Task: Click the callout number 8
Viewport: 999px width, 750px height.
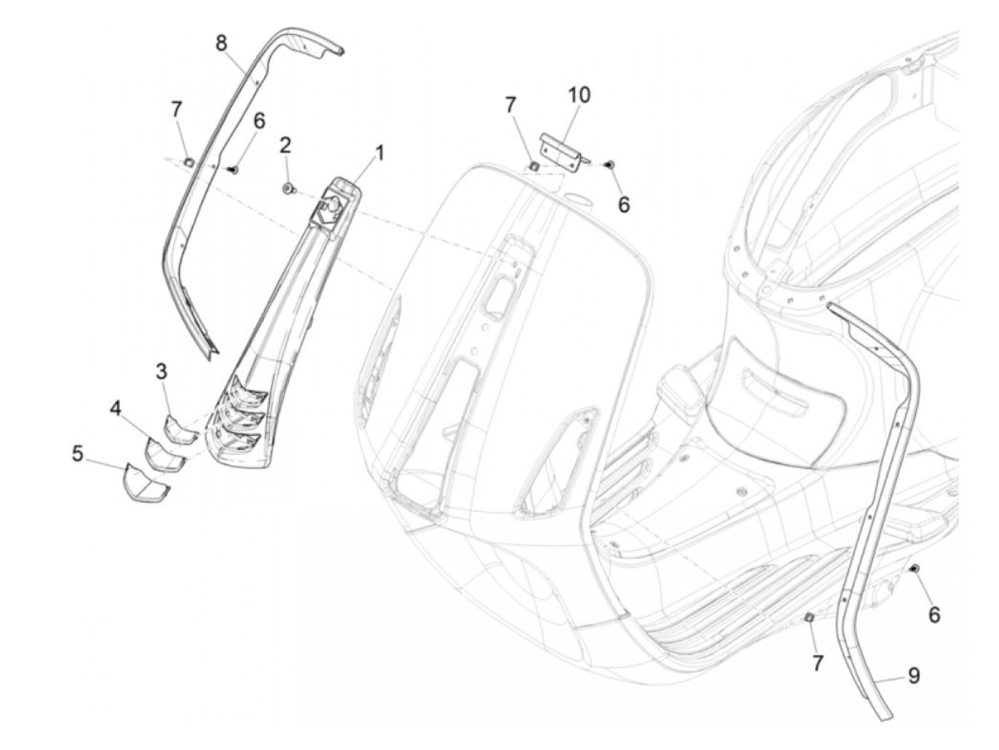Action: click(x=221, y=43)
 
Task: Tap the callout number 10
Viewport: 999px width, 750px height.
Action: click(x=579, y=95)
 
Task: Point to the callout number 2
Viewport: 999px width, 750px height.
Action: click(x=285, y=146)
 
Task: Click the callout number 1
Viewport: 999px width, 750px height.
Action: click(x=380, y=153)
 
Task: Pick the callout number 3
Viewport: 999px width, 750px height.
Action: click(x=163, y=371)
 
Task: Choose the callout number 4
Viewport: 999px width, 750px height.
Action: click(x=115, y=409)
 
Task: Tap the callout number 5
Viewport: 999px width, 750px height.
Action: click(x=78, y=453)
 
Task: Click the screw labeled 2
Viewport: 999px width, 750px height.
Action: click(x=289, y=188)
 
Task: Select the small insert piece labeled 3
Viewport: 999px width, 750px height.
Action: click(x=177, y=428)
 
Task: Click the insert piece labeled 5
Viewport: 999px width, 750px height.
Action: click(x=146, y=483)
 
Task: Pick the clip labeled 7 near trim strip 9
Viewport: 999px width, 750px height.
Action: click(x=809, y=617)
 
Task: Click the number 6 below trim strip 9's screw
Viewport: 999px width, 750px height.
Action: click(x=934, y=614)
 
